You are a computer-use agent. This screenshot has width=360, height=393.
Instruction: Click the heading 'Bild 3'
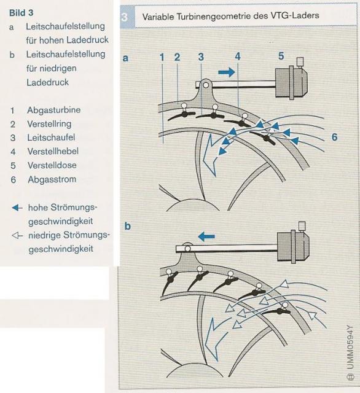(x=21, y=13)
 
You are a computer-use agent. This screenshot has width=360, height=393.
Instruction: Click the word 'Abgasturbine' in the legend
(x=54, y=110)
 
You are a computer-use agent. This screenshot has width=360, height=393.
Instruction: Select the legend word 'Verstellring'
(x=49, y=124)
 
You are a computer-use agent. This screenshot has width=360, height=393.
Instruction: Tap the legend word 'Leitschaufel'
(x=51, y=138)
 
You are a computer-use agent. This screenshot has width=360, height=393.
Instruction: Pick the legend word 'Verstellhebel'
(x=53, y=151)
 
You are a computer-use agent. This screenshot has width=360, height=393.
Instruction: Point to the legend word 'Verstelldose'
(x=52, y=165)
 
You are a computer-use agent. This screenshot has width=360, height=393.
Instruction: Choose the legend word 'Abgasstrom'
(x=52, y=179)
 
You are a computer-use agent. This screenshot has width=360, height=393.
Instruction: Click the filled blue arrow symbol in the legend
(x=17, y=208)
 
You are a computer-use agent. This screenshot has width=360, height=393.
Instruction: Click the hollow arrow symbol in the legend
(x=17, y=236)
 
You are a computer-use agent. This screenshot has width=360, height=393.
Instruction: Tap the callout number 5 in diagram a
(x=281, y=56)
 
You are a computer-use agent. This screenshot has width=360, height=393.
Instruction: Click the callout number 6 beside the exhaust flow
(x=334, y=137)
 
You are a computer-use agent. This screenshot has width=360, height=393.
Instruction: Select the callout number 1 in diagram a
(x=162, y=57)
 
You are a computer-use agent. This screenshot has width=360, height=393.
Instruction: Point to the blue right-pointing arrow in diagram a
(x=226, y=72)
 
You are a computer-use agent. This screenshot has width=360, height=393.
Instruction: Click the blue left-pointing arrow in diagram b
(x=206, y=236)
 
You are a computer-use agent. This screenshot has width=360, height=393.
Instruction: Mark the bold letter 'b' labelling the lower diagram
(x=128, y=226)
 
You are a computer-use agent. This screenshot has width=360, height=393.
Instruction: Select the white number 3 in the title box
(x=124, y=17)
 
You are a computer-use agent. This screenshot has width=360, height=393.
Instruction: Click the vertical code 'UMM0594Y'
(x=350, y=347)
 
